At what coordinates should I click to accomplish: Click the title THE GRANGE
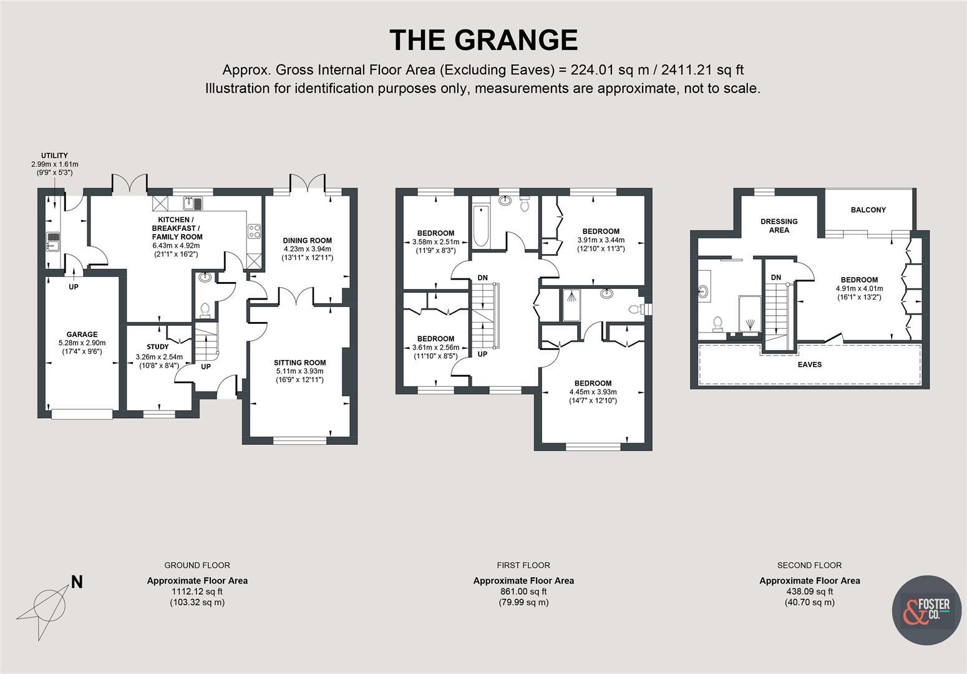point(483,40)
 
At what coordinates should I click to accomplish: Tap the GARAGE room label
point(82,335)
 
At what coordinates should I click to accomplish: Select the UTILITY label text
point(55,155)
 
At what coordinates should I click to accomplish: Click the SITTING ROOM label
point(299,363)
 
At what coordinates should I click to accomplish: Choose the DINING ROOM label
point(307,240)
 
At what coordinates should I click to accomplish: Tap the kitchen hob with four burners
point(254,231)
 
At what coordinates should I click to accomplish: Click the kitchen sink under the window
point(193,203)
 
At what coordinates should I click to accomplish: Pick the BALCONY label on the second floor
point(868,210)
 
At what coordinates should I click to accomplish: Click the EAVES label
point(810,364)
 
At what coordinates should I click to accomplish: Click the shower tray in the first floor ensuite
point(571,305)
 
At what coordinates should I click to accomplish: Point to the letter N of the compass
point(77,582)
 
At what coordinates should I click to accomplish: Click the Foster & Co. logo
point(926,609)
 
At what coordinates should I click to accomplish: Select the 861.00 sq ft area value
point(523,592)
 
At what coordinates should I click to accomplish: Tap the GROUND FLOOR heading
point(197,565)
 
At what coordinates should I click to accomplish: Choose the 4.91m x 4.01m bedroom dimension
point(859,289)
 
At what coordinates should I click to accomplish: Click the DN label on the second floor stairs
point(775,277)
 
